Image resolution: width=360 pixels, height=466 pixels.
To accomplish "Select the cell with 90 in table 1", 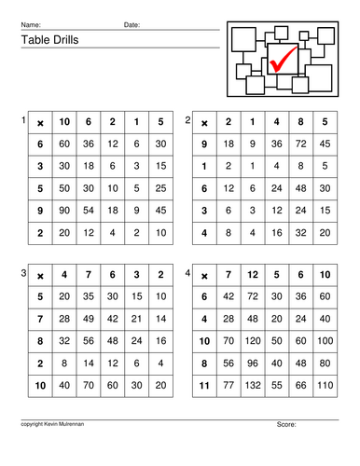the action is (x=64, y=210).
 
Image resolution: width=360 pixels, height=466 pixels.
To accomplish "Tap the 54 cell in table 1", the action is (x=89, y=210).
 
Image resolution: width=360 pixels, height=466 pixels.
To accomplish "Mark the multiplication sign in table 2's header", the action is (x=204, y=122).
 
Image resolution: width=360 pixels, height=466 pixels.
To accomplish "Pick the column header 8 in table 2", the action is (x=299, y=122).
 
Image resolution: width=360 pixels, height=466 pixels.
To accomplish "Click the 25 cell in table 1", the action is (x=160, y=187).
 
